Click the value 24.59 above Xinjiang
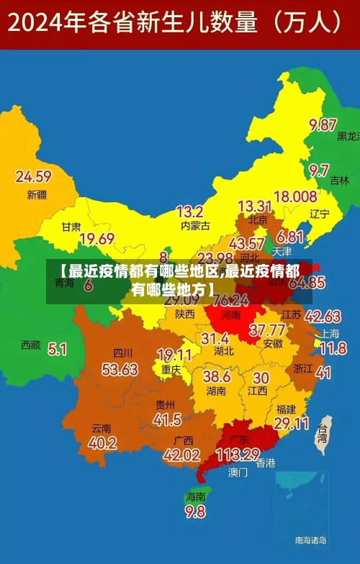tap(33, 176)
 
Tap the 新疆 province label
tap(36, 194)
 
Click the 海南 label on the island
tap(195, 496)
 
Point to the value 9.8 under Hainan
tap(195, 511)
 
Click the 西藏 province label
tap(30, 345)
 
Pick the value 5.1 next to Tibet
tap(58, 349)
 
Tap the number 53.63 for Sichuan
tap(120, 369)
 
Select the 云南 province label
tap(102, 428)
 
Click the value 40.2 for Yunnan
tap(102, 443)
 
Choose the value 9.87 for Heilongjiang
tap(323, 124)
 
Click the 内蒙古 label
tap(194, 226)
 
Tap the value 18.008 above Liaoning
tap(295, 196)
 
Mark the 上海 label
tap(330, 333)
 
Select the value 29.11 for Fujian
tap(292, 423)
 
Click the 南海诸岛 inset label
tap(310, 540)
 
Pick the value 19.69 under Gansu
tap(96, 239)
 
